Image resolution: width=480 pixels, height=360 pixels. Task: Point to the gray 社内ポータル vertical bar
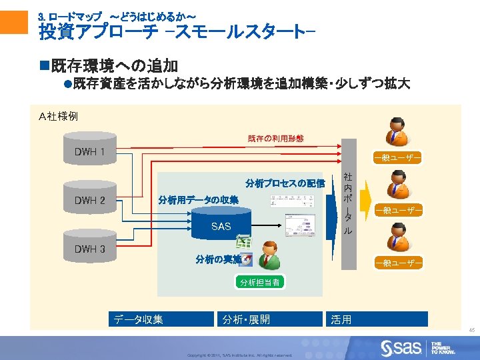click(347, 204)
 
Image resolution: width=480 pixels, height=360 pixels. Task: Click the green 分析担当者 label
click(259, 283)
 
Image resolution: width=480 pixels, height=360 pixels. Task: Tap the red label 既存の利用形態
click(275, 139)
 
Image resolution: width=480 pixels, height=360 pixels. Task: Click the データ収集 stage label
click(138, 320)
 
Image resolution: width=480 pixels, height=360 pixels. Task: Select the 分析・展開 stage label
click(246, 320)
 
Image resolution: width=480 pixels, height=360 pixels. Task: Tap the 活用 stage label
click(341, 320)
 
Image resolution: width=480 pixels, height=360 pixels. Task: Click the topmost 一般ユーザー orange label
click(397, 158)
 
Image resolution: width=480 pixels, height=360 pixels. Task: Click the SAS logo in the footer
click(401, 347)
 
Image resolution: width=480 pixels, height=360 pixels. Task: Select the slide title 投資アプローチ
click(177, 31)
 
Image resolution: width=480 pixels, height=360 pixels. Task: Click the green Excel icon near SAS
click(243, 244)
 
